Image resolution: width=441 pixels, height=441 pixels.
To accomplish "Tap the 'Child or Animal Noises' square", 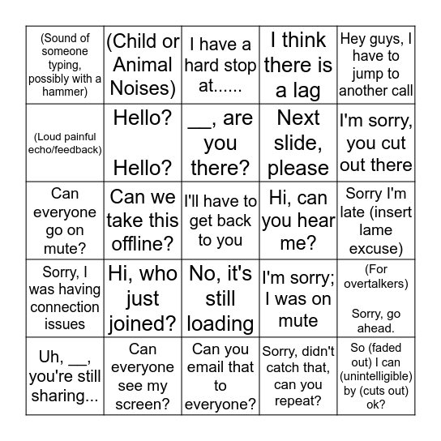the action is click(143, 65).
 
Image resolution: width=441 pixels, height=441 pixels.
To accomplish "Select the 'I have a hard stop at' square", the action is click(220, 65).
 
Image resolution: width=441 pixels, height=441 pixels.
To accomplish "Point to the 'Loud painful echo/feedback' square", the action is click(65, 143).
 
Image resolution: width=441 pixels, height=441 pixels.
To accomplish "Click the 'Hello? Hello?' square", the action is click(143, 143).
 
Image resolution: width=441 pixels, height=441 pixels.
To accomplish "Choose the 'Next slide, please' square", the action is click(298, 143).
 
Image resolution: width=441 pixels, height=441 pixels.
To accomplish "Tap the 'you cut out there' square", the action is click(375, 143).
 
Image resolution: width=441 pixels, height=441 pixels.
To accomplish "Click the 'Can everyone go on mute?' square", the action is click(65, 220).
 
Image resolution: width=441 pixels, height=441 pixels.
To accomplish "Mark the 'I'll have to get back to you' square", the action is click(220, 220).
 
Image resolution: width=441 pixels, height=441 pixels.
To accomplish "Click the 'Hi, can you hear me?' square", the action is click(298, 220).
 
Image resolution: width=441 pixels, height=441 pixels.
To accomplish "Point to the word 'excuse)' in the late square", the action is click(375, 248).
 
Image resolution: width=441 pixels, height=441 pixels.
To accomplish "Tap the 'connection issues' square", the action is click(65, 298).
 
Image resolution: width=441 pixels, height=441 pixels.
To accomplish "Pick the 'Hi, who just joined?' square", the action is click(143, 298).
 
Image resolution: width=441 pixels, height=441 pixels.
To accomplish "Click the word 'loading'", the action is click(220, 323).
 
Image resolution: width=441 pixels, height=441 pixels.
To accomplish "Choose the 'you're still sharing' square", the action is click(65, 375).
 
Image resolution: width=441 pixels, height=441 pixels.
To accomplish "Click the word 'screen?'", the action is click(143, 404).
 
